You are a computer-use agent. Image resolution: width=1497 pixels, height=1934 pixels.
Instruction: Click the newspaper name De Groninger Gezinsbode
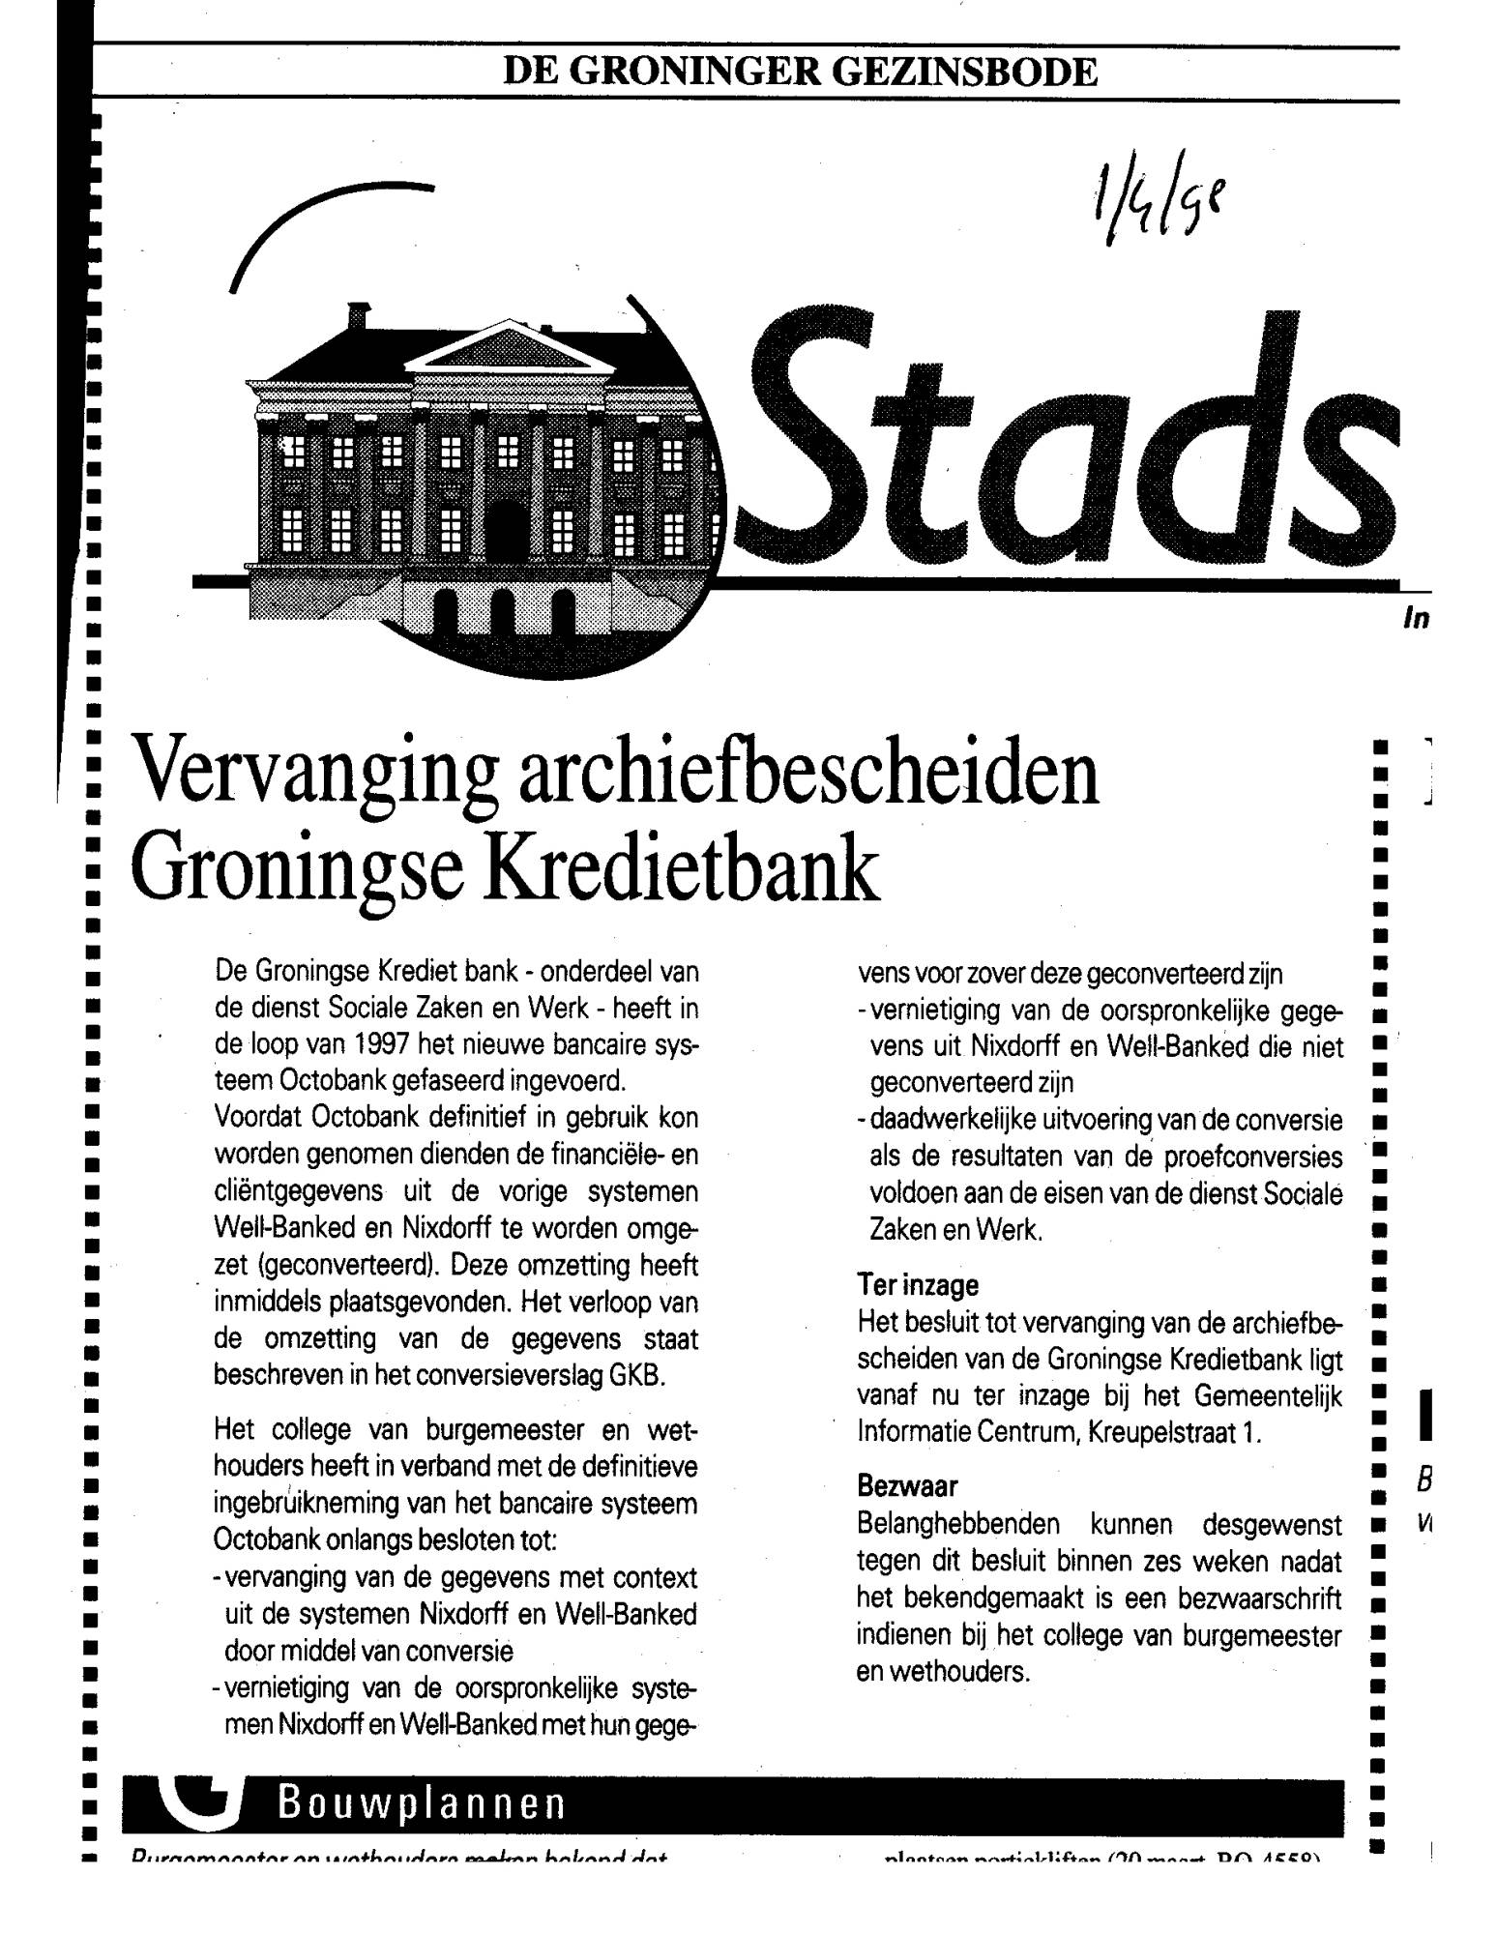[800, 73]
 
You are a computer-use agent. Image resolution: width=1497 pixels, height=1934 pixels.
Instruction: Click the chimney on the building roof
[359, 315]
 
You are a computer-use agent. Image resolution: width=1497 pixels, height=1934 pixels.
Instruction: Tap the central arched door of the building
[506, 528]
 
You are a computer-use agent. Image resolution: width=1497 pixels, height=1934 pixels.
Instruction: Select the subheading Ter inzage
[918, 1286]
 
